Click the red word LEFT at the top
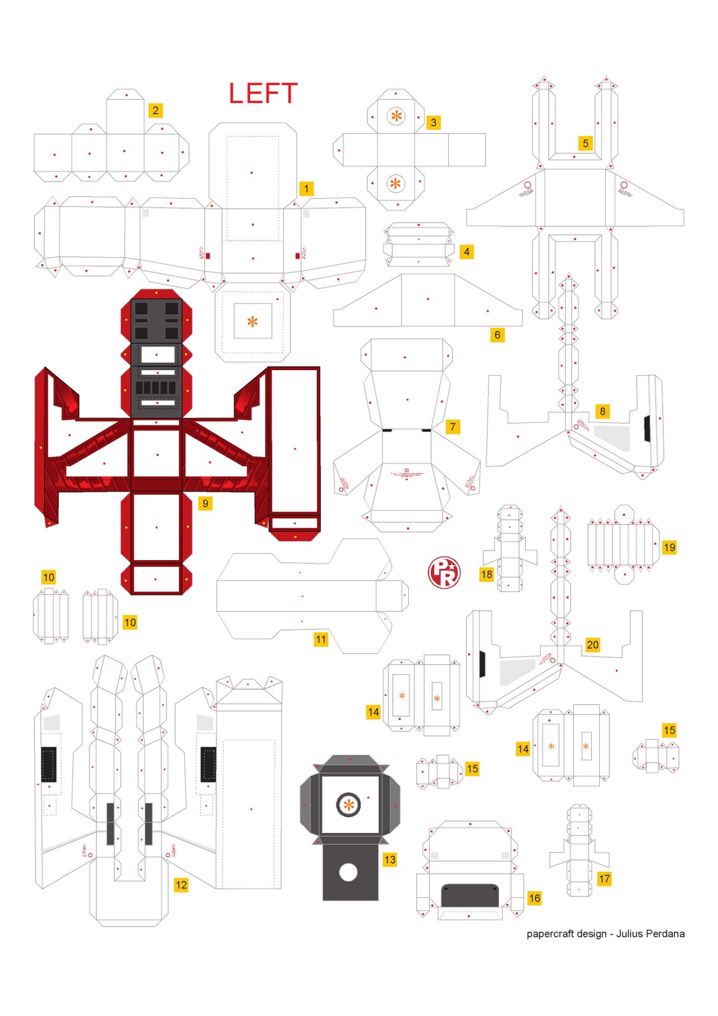coord(263,94)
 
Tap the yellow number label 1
coord(306,189)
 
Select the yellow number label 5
coord(585,144)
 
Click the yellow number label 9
coord(205,504)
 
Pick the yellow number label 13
coord(390,859)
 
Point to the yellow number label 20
coord(592,645)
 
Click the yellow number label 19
coord(669,547)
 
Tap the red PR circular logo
coord(444,572)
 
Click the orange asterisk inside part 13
coord(349,805)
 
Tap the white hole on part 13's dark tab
coord(348,872)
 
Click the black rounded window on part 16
coord(469,895)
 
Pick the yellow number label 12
coord(181,885)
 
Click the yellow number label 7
coord(453,427)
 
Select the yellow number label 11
coord(321,639)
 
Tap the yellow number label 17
coord(604,879)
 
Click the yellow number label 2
coord(156,110)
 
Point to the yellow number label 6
coord(497,335)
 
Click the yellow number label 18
coord(486,574)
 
